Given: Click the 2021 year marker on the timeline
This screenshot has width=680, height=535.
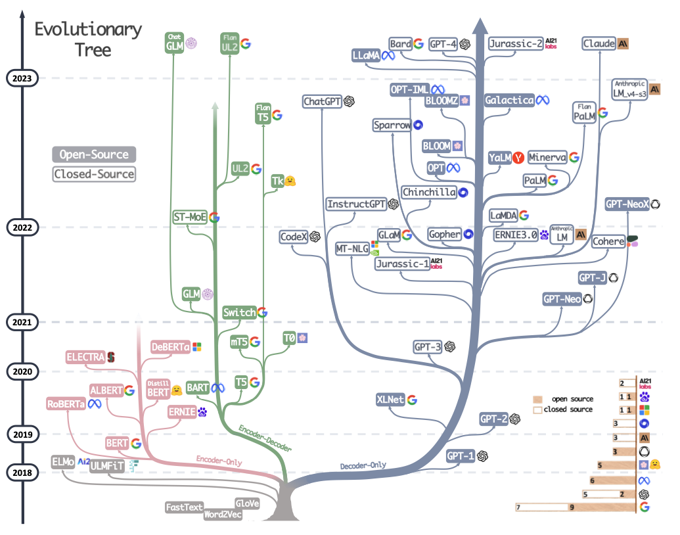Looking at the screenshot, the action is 22,323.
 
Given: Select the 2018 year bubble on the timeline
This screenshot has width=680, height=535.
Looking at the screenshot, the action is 22,473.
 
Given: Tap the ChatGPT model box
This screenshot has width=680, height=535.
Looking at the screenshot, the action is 322,101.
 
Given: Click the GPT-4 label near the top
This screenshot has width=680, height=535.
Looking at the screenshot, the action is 443,44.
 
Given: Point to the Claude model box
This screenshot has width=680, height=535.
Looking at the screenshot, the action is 599,43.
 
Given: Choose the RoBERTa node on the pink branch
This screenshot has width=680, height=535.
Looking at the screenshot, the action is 66,404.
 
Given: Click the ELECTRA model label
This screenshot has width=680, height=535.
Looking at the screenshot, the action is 85,357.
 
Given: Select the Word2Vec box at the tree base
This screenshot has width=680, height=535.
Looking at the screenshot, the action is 223,514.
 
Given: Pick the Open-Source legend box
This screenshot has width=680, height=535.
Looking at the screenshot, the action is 94,154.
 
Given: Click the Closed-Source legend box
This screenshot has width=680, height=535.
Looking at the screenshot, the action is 94,174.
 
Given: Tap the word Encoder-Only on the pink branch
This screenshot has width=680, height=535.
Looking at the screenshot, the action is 219,461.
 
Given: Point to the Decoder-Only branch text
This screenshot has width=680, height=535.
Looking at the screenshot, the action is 363,465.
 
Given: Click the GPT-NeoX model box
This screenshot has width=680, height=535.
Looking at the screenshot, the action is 627,204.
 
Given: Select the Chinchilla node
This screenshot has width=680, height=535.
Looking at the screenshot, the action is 429,192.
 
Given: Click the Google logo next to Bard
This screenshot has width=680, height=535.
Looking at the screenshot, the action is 419,43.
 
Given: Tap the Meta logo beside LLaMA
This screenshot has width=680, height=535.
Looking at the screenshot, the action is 388,56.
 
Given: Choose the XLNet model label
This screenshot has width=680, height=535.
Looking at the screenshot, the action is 390,400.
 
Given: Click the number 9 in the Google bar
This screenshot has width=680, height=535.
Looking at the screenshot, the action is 572,507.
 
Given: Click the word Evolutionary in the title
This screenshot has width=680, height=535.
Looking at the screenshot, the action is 88,30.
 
